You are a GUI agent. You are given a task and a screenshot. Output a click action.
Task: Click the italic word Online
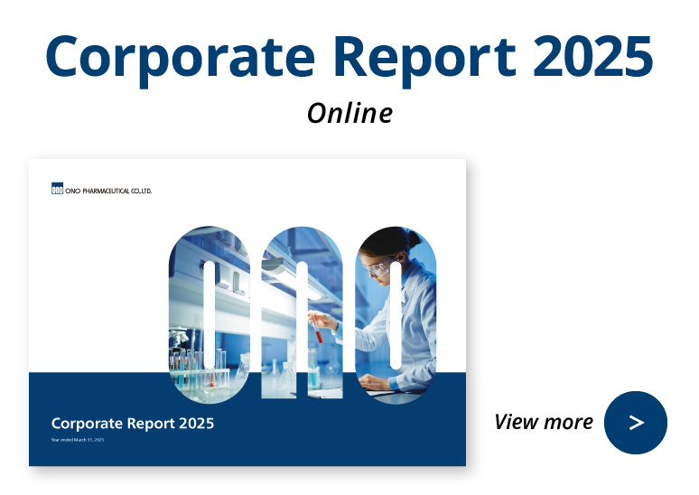coord(349,113)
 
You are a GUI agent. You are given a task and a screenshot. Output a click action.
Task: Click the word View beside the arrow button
coord(517,422)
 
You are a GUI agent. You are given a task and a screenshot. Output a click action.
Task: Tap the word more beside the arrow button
coord(569,422)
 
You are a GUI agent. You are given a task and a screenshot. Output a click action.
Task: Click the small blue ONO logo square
coord(57,190)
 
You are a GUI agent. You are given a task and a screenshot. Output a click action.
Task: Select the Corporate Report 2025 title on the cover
coord(133,423)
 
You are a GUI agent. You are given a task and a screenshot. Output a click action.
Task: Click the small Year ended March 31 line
coord(78,440)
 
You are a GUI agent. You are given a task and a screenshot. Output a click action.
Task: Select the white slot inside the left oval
coord(210,313)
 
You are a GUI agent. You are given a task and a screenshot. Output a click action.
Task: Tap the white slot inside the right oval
coord(395,313)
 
